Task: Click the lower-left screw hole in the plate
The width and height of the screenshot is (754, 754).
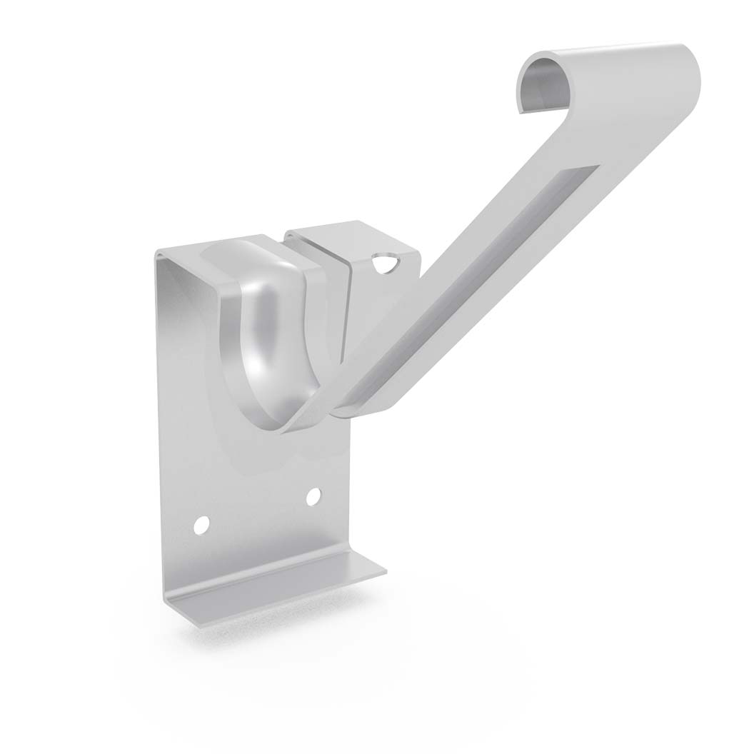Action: click(x=202, y=526)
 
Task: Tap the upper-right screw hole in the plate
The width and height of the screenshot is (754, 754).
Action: click(x=313, y=497)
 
